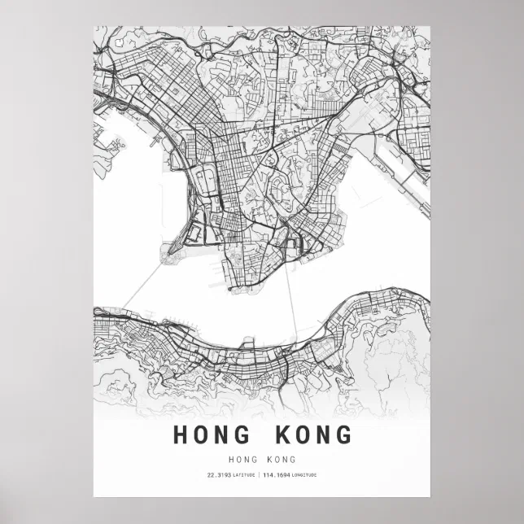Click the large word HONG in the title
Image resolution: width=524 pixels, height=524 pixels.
pyautogui.click(x=214, y=434)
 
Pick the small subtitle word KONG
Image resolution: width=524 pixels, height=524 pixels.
pyautogui.click(x=281, y=460)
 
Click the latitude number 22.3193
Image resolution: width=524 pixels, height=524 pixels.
pyautogui.click(x=219, y=475)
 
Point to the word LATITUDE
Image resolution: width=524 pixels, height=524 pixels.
pyautogui.click(x=243, y=475)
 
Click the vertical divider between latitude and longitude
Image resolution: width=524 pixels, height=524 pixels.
pyautogui.click(x=260, y=475)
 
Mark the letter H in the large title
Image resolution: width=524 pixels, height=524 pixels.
pyautogui.click(x=181, y=434)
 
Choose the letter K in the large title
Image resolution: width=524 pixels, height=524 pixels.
pyautogui.click(x=280, y=434)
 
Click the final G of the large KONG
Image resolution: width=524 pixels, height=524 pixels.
pyautogui.click(x=343, y=434)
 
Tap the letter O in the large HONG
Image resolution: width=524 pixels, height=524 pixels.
pyautogui.click(x=203, y=434)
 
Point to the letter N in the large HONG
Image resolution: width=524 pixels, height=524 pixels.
pyautogui.click(x=225, y=434)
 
